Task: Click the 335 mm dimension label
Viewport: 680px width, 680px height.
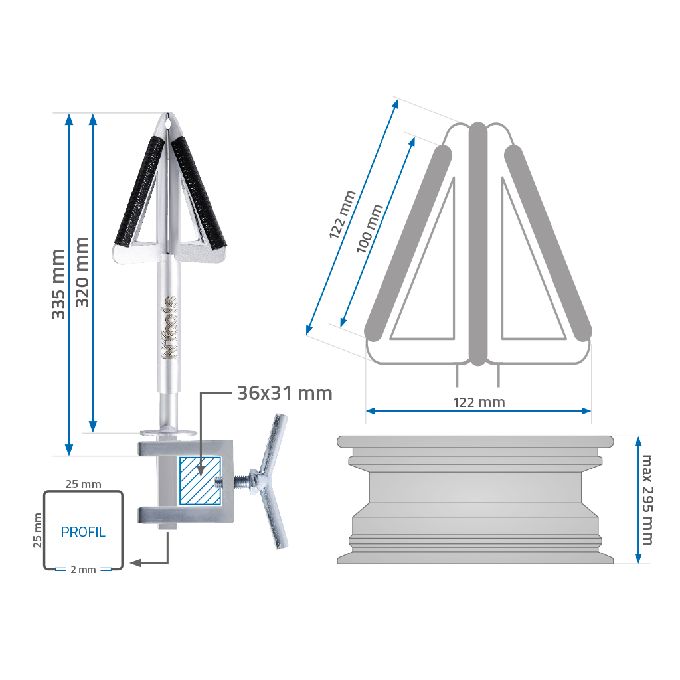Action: coord(58,284)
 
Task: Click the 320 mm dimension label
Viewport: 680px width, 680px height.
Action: coord(82,272)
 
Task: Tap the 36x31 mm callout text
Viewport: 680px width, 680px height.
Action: coord(285,393)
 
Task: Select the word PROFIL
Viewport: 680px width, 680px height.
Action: coord(83,532)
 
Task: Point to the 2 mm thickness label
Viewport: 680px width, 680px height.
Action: coord(83,570)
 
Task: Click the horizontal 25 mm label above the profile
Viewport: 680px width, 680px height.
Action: coord(83,484)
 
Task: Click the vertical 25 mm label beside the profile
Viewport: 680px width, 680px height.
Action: coord(38,530)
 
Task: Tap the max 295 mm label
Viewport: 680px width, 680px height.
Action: coord(647,499)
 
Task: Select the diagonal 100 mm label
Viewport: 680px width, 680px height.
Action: coord(369,228)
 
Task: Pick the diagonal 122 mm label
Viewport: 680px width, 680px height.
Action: coord(342,214)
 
